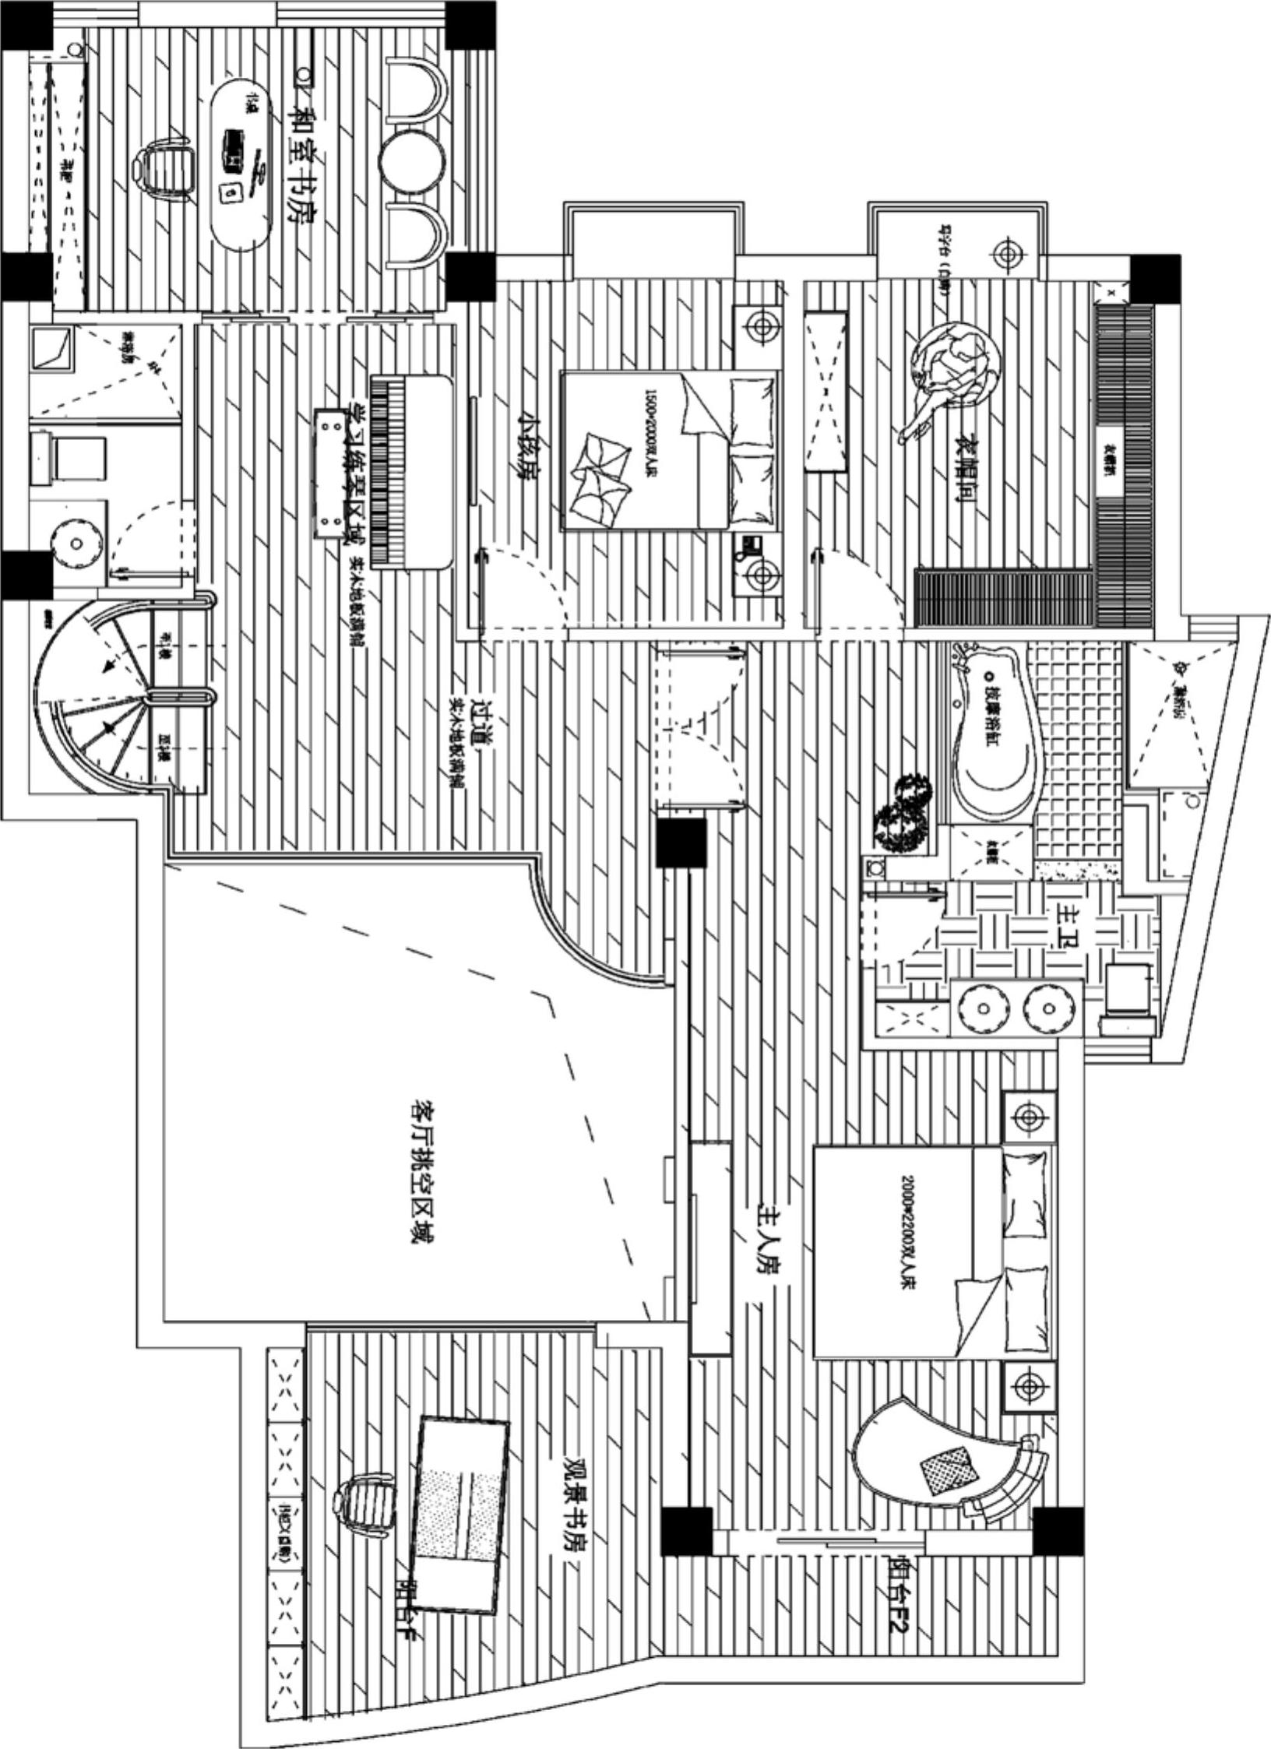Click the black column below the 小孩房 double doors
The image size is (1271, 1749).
(681, 842)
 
